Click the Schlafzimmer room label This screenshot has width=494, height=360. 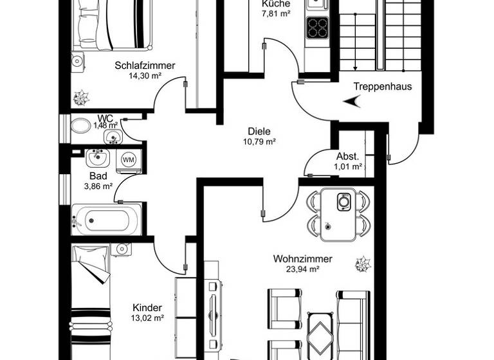[x=145, y=65]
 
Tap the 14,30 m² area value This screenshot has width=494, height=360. [x=145, y=75]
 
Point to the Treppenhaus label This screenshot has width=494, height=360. [x=383, y=87]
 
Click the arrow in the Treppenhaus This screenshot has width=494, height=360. [x=352, y=101]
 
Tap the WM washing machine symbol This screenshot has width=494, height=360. [x=129, y=159]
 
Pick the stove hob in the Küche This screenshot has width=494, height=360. [x=317, y=27]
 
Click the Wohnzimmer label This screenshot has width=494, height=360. [x=302, y=259]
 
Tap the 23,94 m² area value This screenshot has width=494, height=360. [x=302, y=270]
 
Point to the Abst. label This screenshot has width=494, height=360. [x=347, y=156]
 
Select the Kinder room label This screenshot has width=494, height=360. [x=147, y=307]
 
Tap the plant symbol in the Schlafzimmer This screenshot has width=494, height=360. [x=81, y=98]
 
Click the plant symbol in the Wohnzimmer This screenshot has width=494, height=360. [x=363, y=263]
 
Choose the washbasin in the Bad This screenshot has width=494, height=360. [x=98, y=157]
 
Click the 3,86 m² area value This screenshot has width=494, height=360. [x=98, y=186]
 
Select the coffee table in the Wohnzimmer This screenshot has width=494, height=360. [x=320, y=332]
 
